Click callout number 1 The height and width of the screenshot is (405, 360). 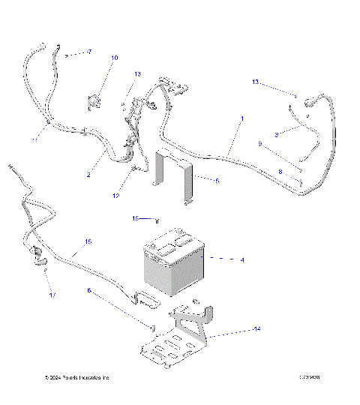click(x=242, y=119)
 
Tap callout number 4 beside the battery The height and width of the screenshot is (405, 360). click(x=242, y=259)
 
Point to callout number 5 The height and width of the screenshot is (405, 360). click(x=217, y=181)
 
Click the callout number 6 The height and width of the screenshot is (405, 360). click(x=88, y=289)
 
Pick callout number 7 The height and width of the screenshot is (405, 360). click(x=88, y=52)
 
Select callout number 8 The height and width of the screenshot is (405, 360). click(x=280, y=172)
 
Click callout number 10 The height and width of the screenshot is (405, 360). click(x=115, y=58)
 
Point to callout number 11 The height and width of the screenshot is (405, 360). click(x=34, y=140)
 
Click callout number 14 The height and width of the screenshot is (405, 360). click(x=257, y=329)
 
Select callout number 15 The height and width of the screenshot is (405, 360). click(x=88, y=241)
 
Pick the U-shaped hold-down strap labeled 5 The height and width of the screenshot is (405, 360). click(x=174, y=178)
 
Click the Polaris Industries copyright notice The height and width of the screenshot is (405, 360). click(x=77, y=376)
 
